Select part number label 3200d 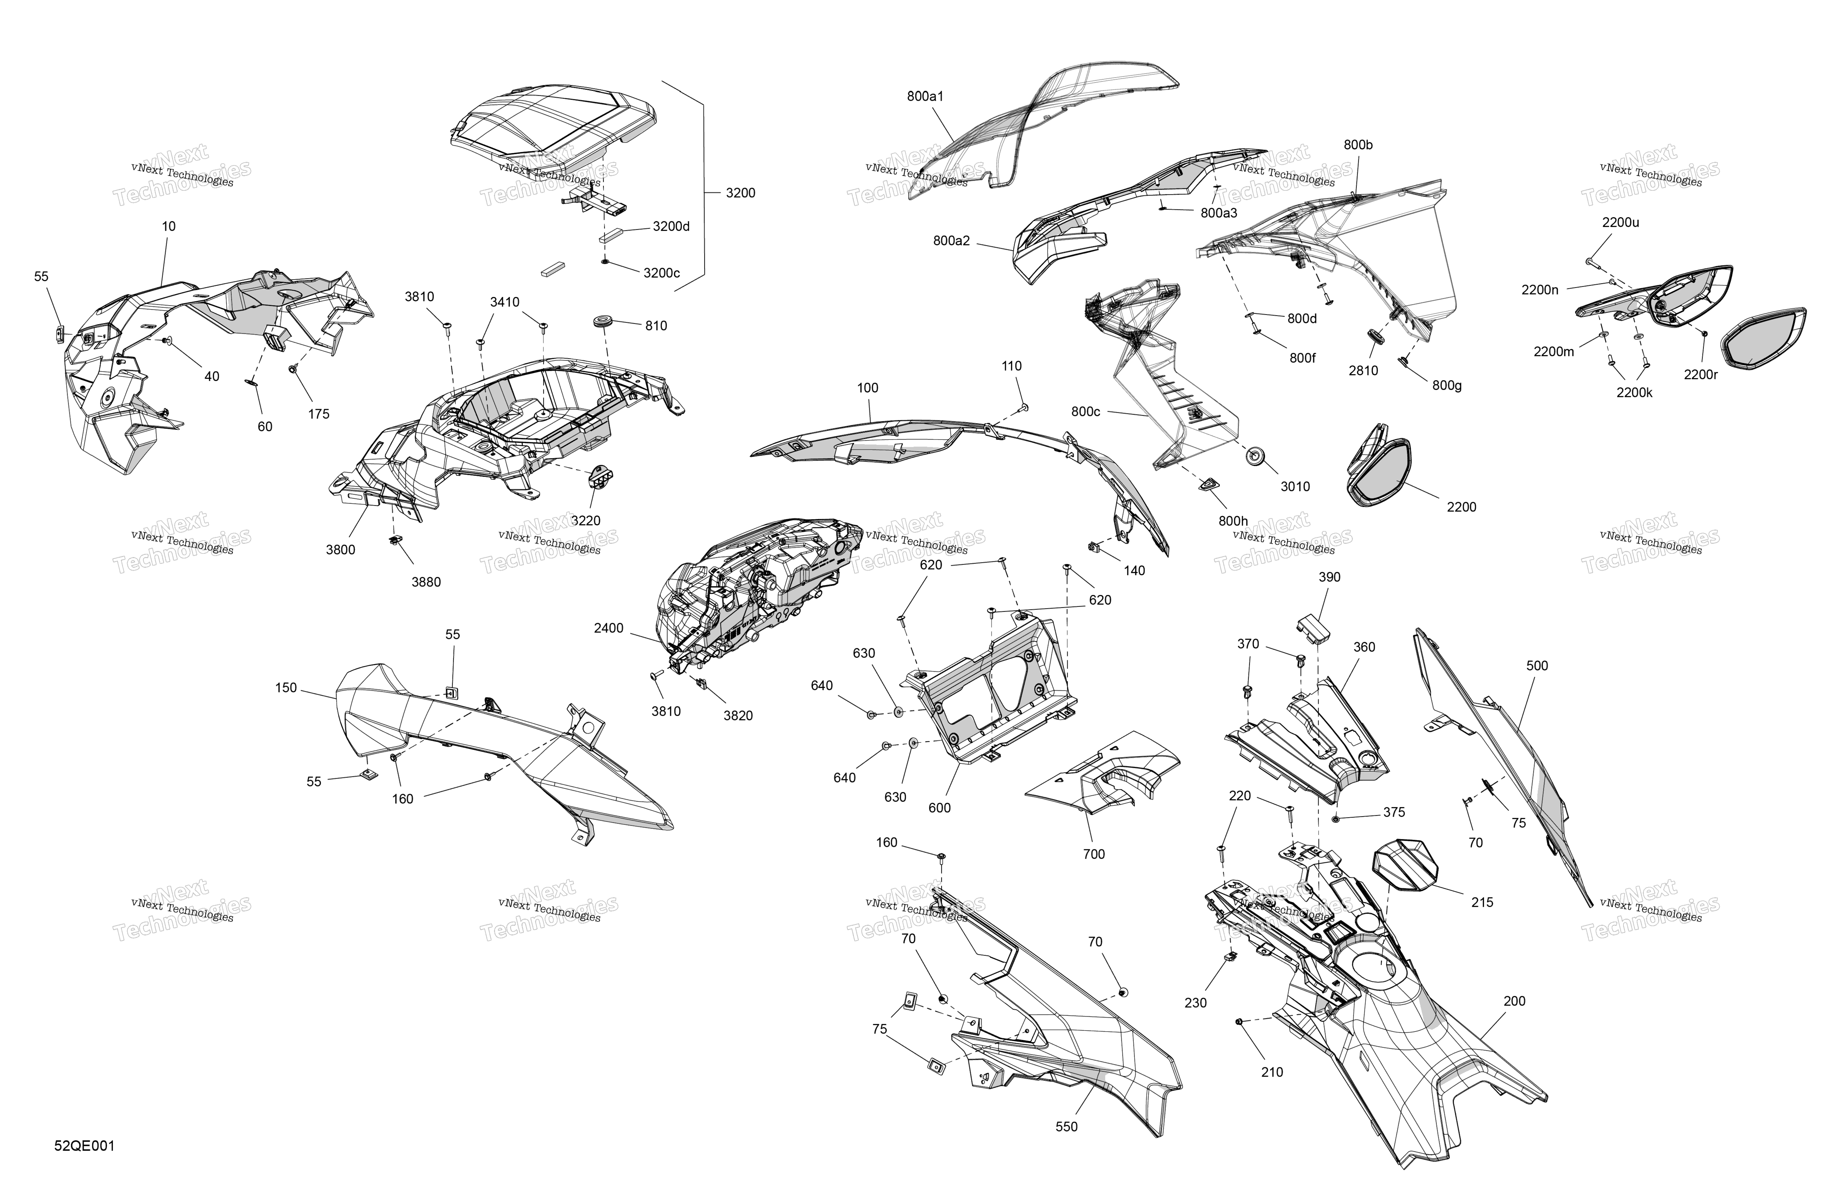point(671,227)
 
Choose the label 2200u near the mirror point(1621,223)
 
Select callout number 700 point(1094,854)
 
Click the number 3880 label point(426,582)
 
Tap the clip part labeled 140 point(1094,547)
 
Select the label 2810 point(1363,371)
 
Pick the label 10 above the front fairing point(169,227)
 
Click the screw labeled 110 point(1024,407)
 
